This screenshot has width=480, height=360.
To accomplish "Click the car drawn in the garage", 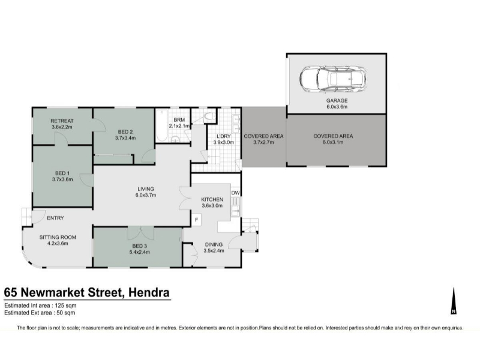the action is point(333,79).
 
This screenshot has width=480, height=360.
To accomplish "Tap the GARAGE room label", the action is point(337,100).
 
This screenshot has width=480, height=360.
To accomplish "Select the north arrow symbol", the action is point(454,301).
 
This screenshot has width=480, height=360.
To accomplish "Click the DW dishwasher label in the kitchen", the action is point(235,193).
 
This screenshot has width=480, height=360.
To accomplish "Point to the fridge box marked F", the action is point(197,220).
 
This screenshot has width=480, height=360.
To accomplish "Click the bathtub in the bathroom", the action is point(161,125).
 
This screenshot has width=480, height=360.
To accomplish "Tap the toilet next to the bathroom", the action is point(209,116).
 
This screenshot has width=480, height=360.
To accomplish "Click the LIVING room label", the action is point(146,189).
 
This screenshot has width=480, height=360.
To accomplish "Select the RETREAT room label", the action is point(62,121).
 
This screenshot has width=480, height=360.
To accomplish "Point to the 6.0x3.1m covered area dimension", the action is point(333,142).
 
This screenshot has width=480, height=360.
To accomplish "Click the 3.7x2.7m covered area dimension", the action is point(263,142).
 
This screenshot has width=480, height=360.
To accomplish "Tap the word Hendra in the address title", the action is point(149,292).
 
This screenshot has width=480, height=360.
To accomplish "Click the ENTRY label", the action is point(55,218).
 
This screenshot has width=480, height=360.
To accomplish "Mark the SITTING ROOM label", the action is point(58,237).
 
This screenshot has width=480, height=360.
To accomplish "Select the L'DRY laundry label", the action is point(223,136).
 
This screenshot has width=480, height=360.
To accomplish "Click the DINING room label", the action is point(214,244).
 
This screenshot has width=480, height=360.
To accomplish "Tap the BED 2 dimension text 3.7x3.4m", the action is point(125,138).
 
